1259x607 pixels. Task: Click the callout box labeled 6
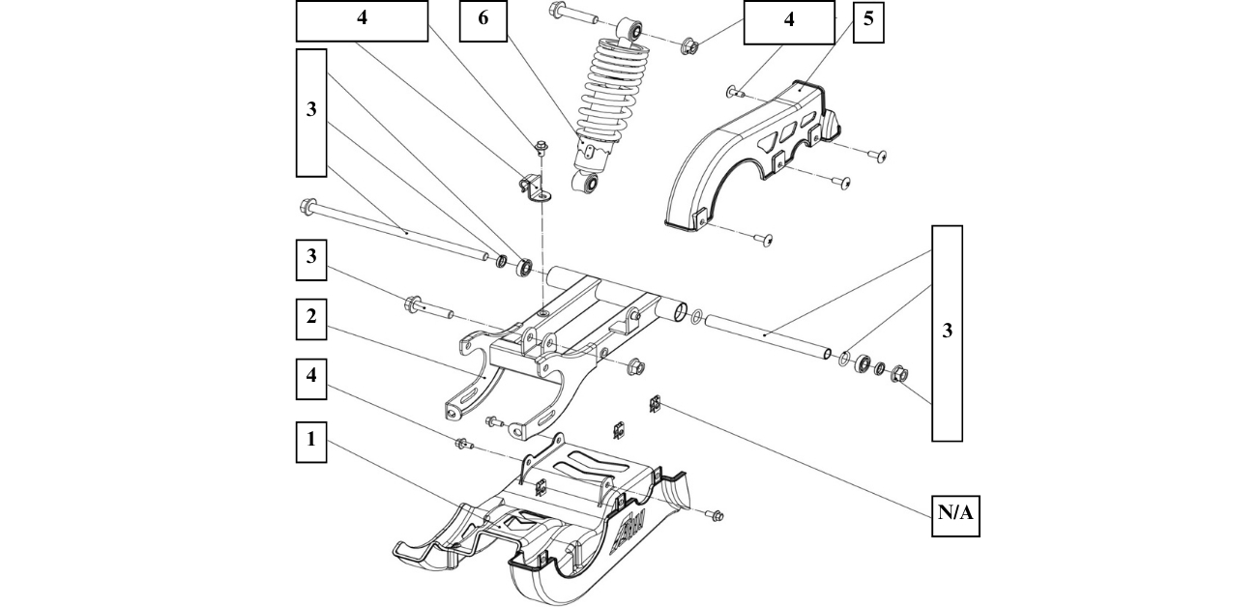483,21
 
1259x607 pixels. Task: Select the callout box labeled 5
868,21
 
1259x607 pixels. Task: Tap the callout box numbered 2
310,318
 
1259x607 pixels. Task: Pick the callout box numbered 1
310,439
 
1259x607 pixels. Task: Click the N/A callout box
954,513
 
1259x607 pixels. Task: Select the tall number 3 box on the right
947,332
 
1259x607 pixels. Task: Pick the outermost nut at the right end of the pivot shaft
898,374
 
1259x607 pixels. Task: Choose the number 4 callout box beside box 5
788,21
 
